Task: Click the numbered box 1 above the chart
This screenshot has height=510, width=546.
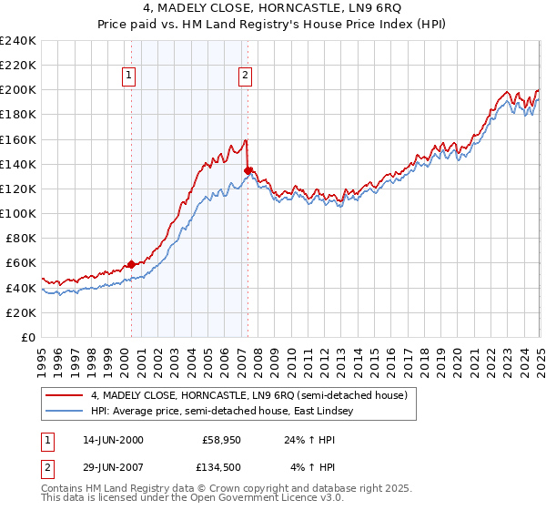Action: tap(130, 76)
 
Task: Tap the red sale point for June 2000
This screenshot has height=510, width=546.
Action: tap(131, 264)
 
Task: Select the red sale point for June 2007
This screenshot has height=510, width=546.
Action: tap(248, 170)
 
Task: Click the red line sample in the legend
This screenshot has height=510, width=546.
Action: tap(65, 395)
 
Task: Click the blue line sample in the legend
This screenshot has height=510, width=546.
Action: tap(65, 411)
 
